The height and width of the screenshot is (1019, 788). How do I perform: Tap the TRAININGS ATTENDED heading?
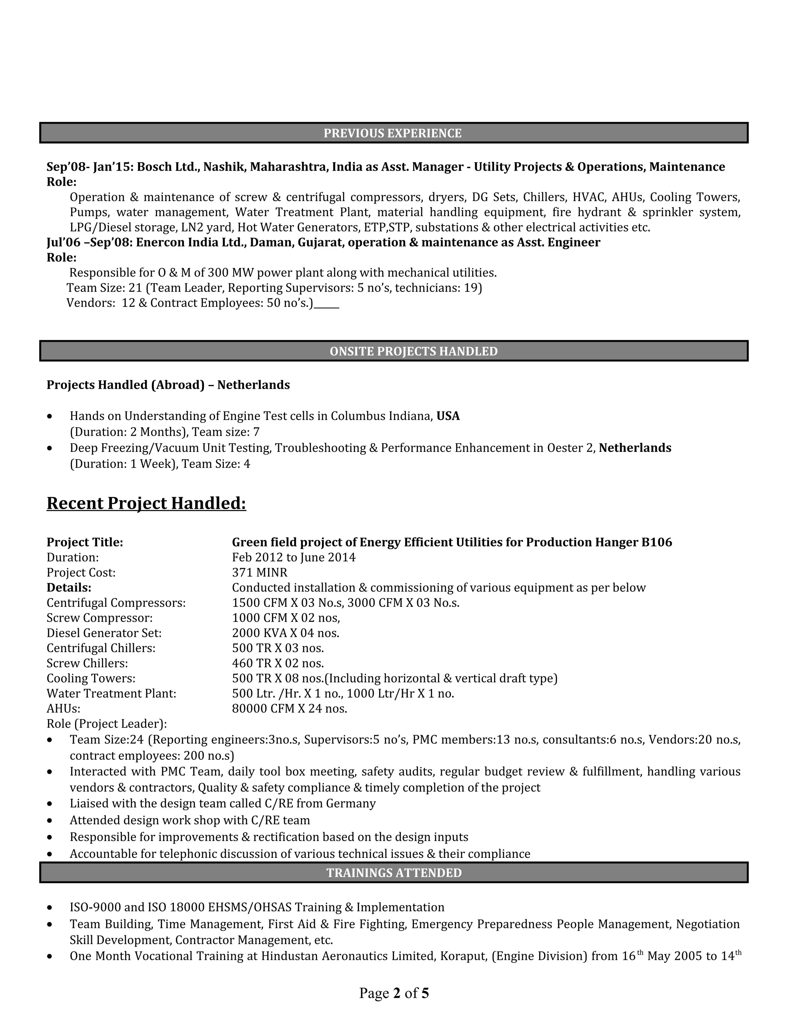[x=394, y=872]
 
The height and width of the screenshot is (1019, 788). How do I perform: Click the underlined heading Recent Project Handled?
[x=146, y=503]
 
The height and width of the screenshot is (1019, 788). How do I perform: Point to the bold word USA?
[x=448, y=416]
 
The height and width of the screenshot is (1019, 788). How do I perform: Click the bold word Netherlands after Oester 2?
[x=634, y=448]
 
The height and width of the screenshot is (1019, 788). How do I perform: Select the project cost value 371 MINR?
[x=260, y=573]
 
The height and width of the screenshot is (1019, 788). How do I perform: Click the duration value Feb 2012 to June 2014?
[x=294, y=558]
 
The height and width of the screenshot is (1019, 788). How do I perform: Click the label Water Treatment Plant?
[x=111, y=694]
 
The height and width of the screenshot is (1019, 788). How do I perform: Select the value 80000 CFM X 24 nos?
[x=289, y=709]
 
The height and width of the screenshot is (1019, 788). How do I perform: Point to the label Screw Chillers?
[x=87, y=663]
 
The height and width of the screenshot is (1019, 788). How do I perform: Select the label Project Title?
[x=85, y=542]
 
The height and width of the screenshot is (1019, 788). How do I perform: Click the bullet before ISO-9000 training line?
[x=50, y=908]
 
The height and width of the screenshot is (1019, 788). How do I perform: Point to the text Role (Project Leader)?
[x=107, y=724]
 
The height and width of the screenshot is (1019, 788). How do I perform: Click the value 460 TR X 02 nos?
[x=278, y=663]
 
